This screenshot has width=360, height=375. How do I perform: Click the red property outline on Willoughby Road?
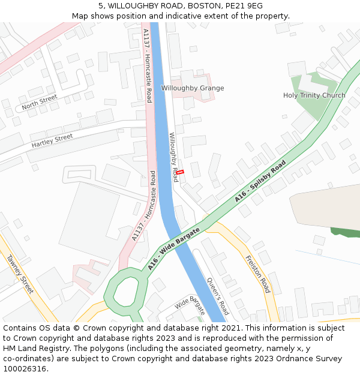point(179,172)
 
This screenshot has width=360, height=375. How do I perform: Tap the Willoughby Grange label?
point(192,88)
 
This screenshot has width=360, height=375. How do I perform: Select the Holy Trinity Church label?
point(314,95)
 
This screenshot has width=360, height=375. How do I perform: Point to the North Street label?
point(39,103)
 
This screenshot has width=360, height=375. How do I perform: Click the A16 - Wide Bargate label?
point(173,249)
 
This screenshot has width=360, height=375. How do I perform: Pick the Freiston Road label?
point(258,274)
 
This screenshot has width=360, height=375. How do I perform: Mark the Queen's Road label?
point(218,296)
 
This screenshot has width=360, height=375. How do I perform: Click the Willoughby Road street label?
point(173,157)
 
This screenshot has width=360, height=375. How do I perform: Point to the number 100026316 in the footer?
point(25,369)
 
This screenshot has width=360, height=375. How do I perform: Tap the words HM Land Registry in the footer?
point(30,349)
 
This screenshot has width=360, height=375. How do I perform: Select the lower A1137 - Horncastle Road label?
point(144,206)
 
